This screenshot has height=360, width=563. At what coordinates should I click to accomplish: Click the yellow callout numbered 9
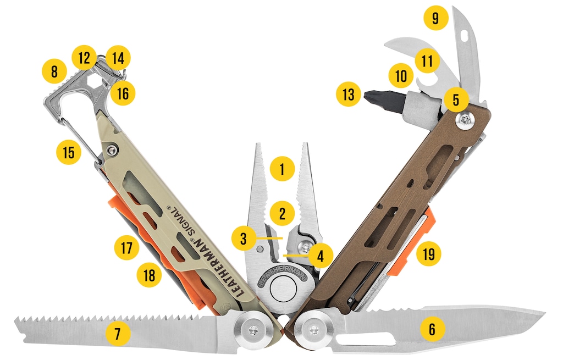436,18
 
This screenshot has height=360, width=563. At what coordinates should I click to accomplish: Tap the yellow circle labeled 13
348,95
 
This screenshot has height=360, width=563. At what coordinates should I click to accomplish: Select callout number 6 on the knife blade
432,329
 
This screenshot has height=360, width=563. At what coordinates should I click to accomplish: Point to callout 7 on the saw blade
118,334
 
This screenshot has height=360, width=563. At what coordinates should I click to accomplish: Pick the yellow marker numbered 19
429,254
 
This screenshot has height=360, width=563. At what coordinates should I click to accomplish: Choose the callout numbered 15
69,152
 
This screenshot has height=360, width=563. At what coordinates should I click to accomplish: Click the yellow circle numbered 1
282,168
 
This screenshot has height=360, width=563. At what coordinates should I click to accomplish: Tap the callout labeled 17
127,248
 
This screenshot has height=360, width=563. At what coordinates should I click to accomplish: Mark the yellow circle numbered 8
54,71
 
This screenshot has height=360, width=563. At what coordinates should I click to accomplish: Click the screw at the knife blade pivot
315,329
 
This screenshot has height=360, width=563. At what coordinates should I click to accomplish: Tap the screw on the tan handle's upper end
112,149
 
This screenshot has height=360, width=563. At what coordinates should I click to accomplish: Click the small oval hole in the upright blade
464,36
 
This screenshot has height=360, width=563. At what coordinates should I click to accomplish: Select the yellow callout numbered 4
321,256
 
